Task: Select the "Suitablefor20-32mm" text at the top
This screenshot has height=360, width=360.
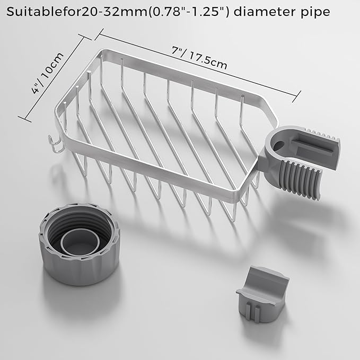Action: (x=77, y=12)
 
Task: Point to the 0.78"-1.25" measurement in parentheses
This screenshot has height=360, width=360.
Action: (x=189, y=12)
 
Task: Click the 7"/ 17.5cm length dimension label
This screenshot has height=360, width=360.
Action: (x=199, y=58)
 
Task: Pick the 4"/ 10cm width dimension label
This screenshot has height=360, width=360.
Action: (x=48, y=73)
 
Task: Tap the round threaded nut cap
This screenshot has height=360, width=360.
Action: (x=80, y=244)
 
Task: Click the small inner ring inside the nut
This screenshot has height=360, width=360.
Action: (x=80, y=241)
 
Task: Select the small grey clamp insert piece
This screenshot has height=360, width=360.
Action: (x=262, y=294)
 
